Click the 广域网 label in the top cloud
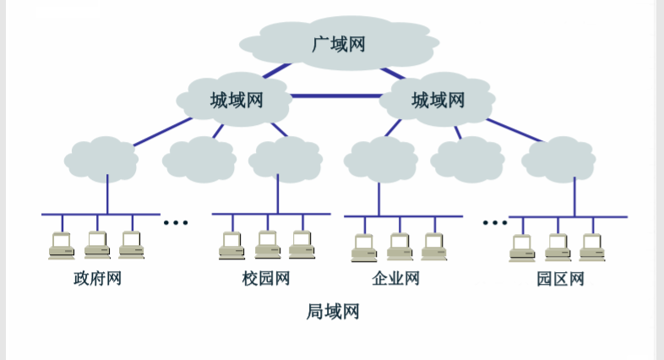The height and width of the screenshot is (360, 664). click(x=339, y=43)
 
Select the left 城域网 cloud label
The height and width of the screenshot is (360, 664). click(x=237, y=101)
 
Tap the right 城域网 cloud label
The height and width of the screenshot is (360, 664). click(x=438, y=101)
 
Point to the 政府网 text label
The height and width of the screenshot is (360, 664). click(x=97, y=278)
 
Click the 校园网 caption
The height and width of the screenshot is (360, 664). click(x=266, y=278)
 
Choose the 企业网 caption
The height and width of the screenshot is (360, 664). click(x=395, y=278)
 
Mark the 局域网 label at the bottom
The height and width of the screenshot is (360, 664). click(x=333, y=312)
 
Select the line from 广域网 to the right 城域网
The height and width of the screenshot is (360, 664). click(x=393, y=74)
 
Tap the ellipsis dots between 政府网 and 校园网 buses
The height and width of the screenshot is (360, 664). click(x=176, y=222)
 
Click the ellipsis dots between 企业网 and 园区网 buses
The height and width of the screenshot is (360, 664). click(x=493, y=222)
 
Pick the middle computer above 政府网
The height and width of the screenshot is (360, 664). click(x=97, y=245)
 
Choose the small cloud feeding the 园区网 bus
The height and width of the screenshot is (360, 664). click(x=558, y=159)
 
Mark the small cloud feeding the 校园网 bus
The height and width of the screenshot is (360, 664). click(x=286, y=159)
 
